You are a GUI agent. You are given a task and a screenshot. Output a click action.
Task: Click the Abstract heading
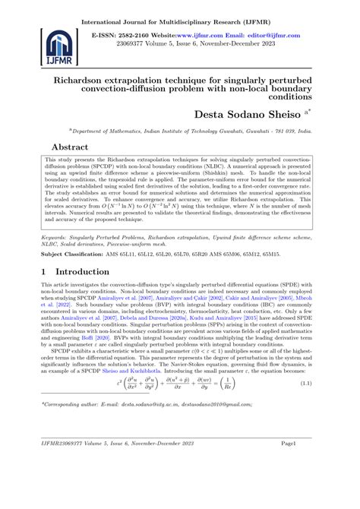[x=71, y=147]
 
